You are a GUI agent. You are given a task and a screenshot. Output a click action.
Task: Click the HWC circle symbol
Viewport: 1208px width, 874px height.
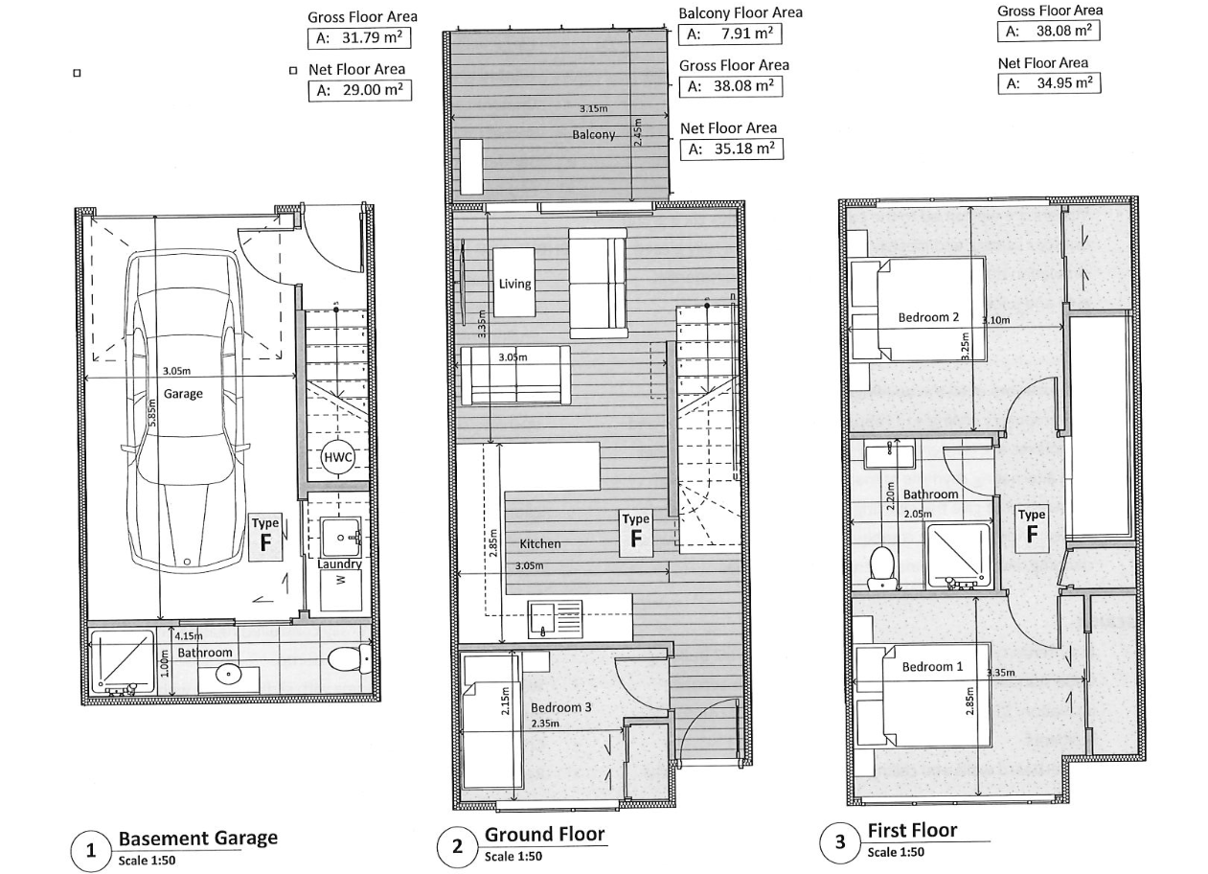(337, 458)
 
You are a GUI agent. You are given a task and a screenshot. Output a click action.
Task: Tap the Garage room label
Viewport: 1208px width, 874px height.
(183, 394)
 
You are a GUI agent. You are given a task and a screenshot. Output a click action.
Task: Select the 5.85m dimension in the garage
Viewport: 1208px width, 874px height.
(151, 413)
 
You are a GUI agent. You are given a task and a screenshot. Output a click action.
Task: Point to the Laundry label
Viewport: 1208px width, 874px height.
(339, 563)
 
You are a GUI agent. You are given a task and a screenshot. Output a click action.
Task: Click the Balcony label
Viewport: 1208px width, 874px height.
(593, 134)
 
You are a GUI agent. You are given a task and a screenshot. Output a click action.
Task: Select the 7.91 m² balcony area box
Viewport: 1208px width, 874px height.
(730, 34)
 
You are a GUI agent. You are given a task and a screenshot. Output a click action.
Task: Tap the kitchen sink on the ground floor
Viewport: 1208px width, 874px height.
(556, 620)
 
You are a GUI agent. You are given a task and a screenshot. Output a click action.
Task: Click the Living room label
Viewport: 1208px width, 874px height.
(514, 284)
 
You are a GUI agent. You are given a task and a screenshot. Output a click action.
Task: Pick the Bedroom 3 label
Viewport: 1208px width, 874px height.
(560, 707)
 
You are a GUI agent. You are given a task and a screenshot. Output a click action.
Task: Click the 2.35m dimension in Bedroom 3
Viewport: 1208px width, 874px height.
(545, 723)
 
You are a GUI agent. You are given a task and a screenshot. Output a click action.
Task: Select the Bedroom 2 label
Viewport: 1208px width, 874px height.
(928, 317)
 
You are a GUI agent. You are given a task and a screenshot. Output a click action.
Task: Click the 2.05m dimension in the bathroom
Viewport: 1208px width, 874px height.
(918, 515)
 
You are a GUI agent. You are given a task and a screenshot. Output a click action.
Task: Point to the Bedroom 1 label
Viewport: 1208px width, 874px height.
(932, 667)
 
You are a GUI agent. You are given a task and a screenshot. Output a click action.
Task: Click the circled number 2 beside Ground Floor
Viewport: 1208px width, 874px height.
(457, 846)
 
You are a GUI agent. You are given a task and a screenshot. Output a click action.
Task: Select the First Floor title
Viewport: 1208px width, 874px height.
(913, 830)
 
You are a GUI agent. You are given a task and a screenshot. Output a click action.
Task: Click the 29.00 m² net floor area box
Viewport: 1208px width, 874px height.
(359, 91)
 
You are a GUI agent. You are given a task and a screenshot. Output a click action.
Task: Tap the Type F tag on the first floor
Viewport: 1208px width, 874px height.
(1032, 529)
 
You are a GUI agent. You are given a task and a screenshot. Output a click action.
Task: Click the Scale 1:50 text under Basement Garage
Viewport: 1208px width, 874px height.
(147, 861)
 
